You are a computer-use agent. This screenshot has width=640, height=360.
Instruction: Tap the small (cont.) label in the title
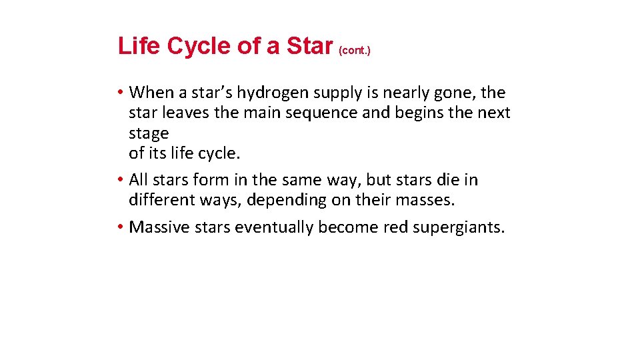click(355, 50)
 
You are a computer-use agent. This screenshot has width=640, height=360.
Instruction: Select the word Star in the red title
click(309, 46)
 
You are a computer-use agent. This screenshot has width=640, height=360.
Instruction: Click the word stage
click(149, 133)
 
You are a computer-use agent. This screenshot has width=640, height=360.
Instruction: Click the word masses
click(425, 199)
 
